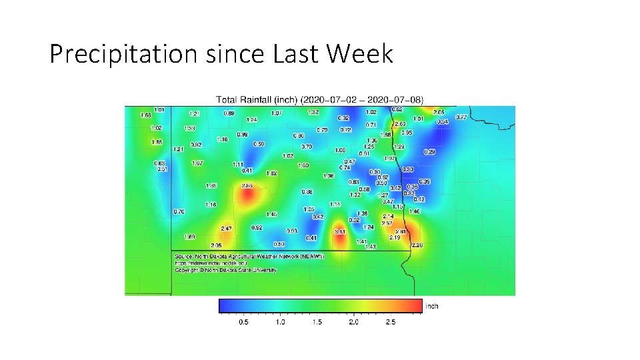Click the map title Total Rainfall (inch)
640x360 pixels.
(257, 99)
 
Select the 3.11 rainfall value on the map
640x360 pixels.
(339, 231)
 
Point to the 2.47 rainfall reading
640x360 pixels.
(226, 228)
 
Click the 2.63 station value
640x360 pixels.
(400, 124)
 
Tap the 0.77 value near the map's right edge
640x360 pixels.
(461, 117)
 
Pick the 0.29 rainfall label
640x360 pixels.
(429, 152)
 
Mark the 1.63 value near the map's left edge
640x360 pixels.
(145, 115)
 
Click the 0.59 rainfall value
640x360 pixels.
(259, 144)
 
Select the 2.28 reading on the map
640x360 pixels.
(417, 245)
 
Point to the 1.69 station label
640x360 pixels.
(189, 237)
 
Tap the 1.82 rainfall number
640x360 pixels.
(271, 173)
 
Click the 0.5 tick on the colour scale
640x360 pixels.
(243, 322)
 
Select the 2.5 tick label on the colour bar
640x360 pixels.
(390, 322)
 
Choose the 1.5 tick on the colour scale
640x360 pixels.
(317, 322)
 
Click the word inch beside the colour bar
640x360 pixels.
(432, 306)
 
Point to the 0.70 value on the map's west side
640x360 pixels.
(179, 211)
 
